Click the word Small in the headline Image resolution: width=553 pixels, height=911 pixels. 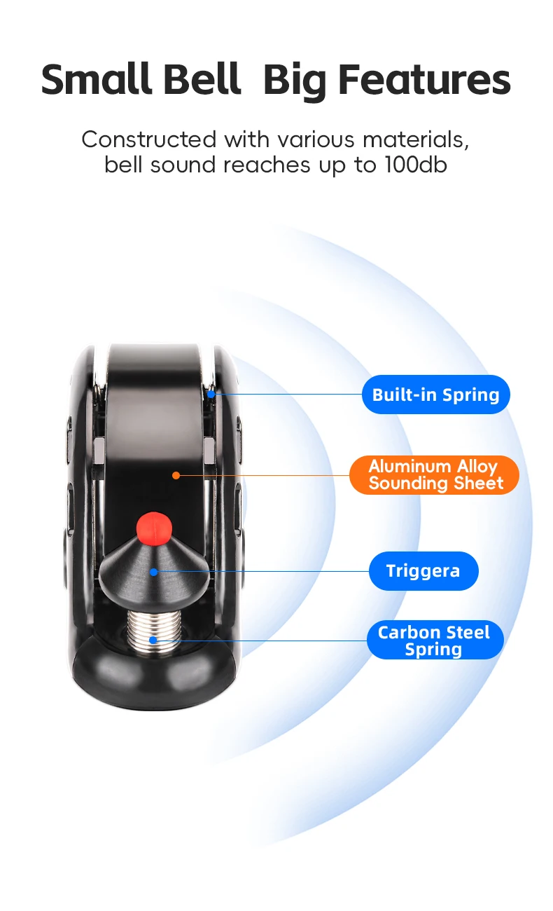point(96,79)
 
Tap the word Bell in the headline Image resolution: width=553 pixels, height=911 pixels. point(202,79)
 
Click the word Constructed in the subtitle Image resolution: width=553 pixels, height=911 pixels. point(148,139)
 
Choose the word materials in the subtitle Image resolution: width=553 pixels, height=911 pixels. point(416,140)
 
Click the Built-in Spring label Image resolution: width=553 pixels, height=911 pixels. point(435,395)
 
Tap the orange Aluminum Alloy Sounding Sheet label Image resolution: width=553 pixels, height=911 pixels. point(434,475)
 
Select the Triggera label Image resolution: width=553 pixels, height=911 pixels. point(423,571)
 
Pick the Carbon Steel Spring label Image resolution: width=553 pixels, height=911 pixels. point(435,640)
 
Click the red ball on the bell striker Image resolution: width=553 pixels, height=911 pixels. point(154,528)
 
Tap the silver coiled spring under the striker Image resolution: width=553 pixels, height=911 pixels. point(154,631)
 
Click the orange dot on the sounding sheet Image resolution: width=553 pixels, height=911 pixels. point(176,475)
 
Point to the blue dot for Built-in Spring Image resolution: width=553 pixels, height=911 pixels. point(211,394)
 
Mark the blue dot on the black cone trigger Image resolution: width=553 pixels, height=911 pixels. point(153,572)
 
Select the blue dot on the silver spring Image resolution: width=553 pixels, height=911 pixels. point(153,640)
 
